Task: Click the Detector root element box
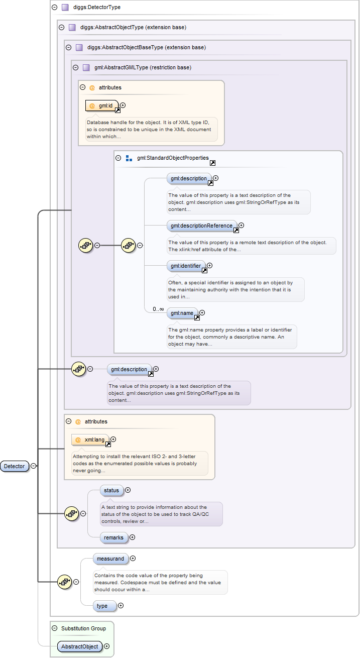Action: pyautogui.click(x=14, y=466)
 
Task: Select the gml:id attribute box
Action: pyautogui.click(x=102, y=105)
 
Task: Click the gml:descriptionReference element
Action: pyautogui.click(x=201, y=226)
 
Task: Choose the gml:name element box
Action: pyautogui.click(x=182, y=313)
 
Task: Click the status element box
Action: pyautogui.click(x=111, y=490)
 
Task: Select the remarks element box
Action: pyautogui.click(x=113, y=537)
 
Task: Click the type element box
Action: pyautogui.click(x=102, y=606)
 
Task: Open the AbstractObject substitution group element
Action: pyautogui.click(x=79, y=646)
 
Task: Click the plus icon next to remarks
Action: pyautogui.click(x=133, y=537)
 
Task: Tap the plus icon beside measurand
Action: pyautogui.click(x=133, y=558)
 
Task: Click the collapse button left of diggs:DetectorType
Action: pyautogui.click(x=54, y=8)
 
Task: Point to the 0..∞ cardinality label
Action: pyautogui.click(x=158, y=309)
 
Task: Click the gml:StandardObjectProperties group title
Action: pyautogui.click(x=172, y=158)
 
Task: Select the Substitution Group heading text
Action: pyautogui.click(x=83, y=628)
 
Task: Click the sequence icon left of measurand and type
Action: pyautogui.click(x=65, y=582)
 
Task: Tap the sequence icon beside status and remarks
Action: pyautogui.click(x=72, y=513)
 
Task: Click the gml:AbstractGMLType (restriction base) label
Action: pyautogui.click(x=143, y=67)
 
